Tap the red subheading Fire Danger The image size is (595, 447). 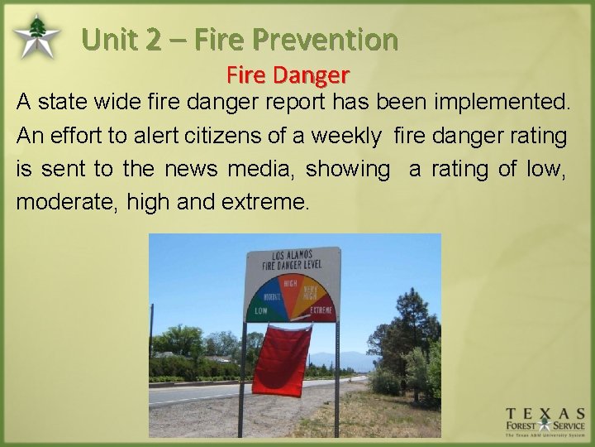point(288,75)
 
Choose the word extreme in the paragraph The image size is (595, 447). point(266,202)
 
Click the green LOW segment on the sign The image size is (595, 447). point(262,310)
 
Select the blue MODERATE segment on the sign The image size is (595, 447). point(272,296)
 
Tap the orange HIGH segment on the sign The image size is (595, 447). point(290,286)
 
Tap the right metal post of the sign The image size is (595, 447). point(336,372)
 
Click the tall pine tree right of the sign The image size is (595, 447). point(410,323)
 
